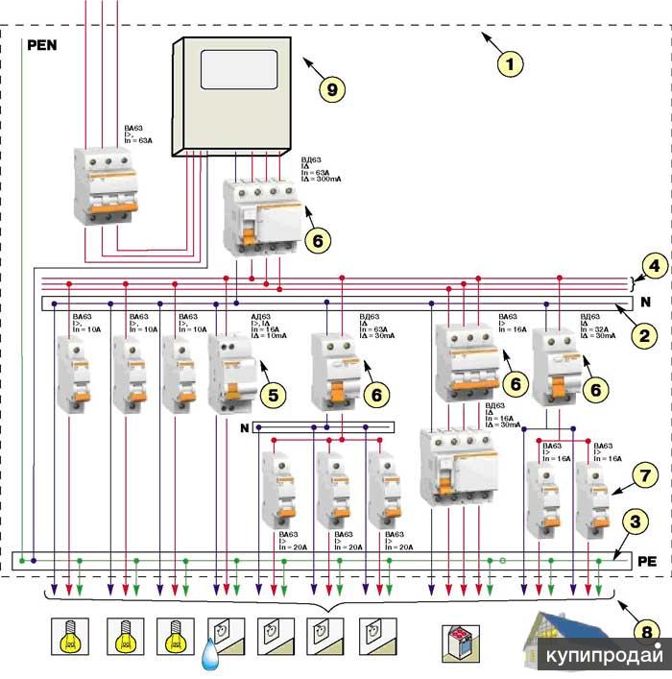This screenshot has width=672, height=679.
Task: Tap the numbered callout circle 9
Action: coord(332,89)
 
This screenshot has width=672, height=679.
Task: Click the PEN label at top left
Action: coord(44,44)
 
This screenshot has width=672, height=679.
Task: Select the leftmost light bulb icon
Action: coord(69,636)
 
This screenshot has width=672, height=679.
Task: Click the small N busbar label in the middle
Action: coord(244,427)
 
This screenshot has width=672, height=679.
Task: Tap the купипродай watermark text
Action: coord(605,657)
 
